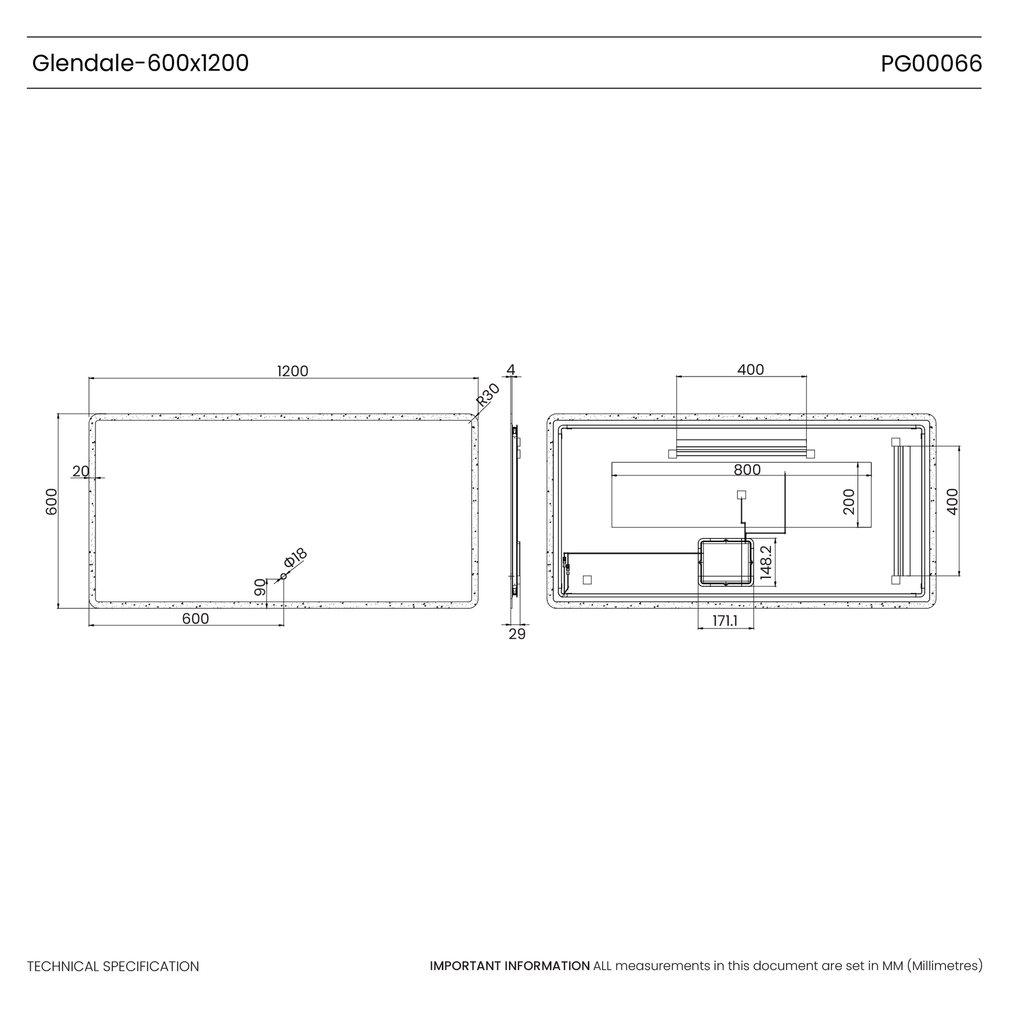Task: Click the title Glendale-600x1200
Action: click(140, 63)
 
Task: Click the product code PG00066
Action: click(931, 63)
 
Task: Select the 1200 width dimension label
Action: click(293, 371)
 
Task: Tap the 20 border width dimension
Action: click(81, 471)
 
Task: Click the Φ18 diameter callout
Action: click(296, 558)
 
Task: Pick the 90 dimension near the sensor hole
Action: click(260, 587)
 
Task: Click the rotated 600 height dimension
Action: click(51, 502)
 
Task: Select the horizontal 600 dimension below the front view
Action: click(196, 618)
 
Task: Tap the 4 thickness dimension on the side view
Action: click(511, 370)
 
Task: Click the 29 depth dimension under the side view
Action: click(517, 634)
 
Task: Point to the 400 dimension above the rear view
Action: click(751, 370)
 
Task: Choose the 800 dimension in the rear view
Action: click(747, 470)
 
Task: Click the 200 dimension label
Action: click(848, 501)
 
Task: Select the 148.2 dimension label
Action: click(766, 563)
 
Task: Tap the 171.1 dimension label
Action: click(725, 621)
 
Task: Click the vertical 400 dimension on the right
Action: click(952, 502)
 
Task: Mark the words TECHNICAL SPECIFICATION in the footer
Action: click(113, 966)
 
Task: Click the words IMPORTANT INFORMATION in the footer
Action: click(510, 966)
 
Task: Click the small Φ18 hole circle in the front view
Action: click(283, 576)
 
